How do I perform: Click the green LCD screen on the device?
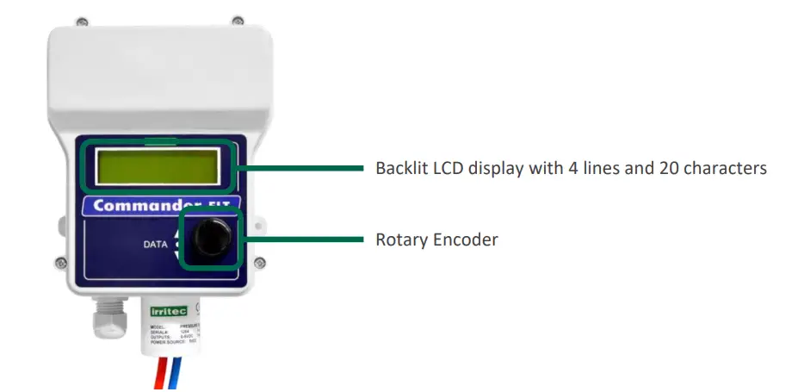click(157, 166)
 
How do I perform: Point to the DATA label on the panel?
click(156, 245)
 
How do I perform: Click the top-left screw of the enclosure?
click(81, 20)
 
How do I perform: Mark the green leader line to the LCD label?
click(301, 169)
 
